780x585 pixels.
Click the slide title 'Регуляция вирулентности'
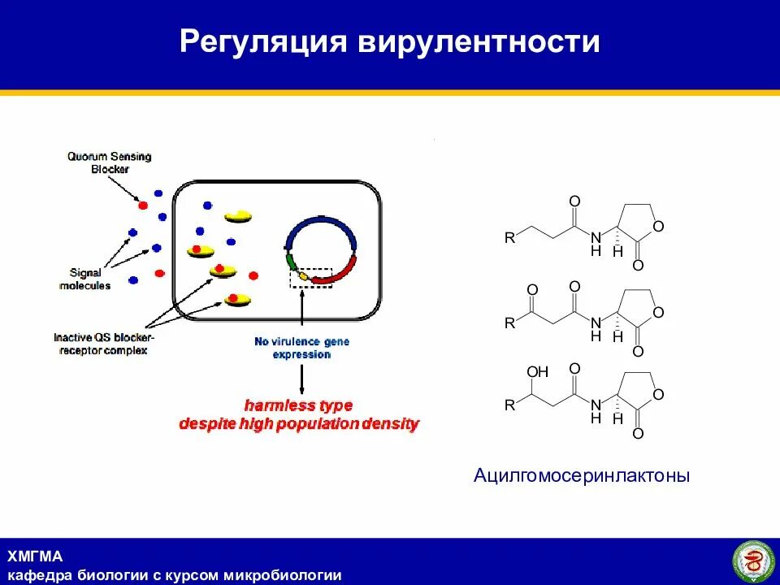[x=390, y=42]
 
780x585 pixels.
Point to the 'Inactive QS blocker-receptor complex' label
[x=103, y=343]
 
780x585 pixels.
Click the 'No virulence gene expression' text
[x=301, y=348]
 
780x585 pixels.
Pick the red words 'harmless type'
[x=299, y=405]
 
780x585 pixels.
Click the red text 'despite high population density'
[x=299, y=423]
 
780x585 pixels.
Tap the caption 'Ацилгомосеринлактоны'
[x=582, y=475]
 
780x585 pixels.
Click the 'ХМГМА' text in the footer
[x=35, y=557]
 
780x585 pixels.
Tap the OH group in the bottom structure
[x=538, y=372]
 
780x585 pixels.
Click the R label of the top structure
[x=509, y=238]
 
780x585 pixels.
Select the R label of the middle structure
[x=509, y=323]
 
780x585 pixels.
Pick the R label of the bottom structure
[x=509, y=405]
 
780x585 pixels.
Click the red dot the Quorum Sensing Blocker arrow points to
[x=143, y=206]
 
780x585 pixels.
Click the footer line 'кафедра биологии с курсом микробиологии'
[x=175, y=575]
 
